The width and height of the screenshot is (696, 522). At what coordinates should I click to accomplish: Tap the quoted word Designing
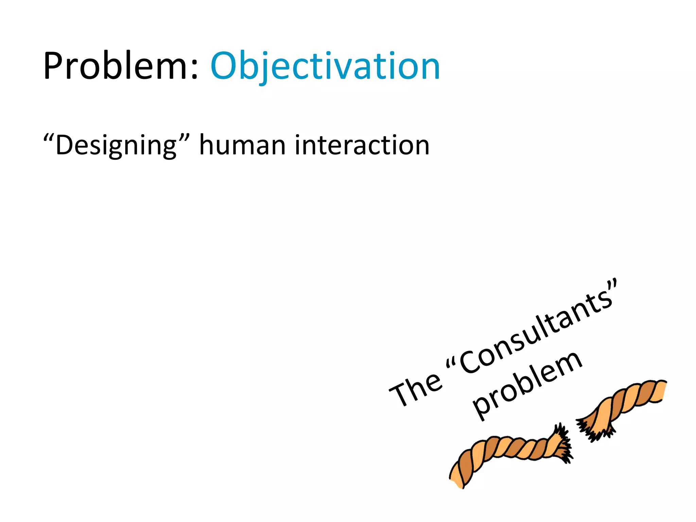pyautogui.click(x=116, y=145)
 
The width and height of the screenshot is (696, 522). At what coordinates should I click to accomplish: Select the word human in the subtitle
pyautogui.click(x=242, y=145)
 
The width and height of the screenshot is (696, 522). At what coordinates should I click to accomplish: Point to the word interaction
pyautogui.click(x=362, y=145)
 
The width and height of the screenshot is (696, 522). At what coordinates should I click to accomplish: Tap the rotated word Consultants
pyautogui.click(x=537, y=331)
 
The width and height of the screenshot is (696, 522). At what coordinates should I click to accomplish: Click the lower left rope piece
pyautogui.click(x=503, y=455)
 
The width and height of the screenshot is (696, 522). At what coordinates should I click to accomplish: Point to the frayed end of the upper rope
pyautogui.click(x=591, y=428)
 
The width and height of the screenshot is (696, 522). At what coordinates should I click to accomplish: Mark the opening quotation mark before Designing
pyautogui.click(x=49, y=137)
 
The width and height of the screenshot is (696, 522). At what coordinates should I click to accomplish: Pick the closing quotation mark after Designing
pyautogui.click(x=184, y=137)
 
